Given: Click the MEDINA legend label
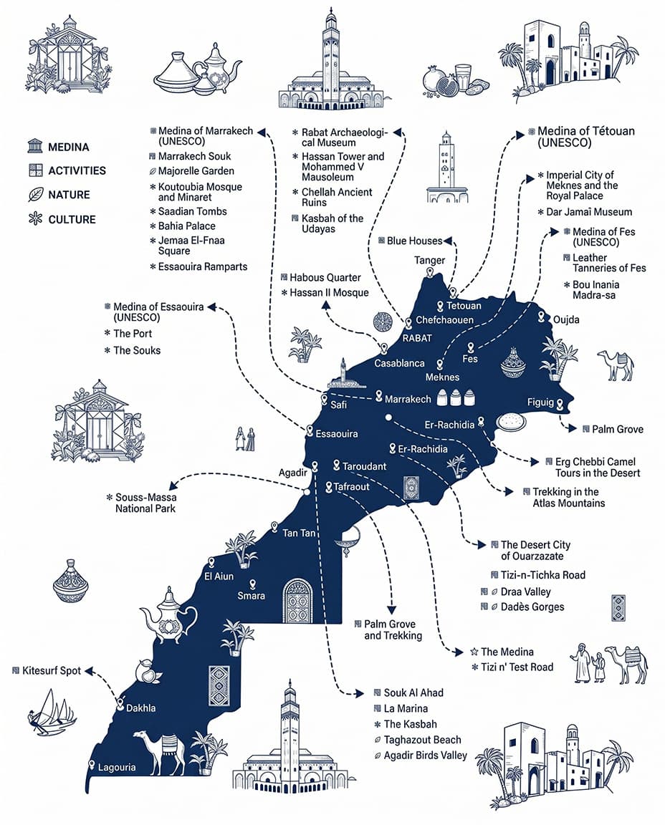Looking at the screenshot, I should pos(68,148).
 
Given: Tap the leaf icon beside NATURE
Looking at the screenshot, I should pos(35,195).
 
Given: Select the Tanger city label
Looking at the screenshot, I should pos(430,261).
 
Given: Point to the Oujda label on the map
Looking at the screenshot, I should pos(566,319).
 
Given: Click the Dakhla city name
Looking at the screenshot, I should pos(140,708).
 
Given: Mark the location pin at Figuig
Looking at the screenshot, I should pos(559,405).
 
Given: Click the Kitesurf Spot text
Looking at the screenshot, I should pos(52,671).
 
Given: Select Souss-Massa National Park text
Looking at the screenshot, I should pos(145,503).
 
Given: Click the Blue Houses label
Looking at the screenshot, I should pos(415,241).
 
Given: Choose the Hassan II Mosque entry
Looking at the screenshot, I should pos(329,293).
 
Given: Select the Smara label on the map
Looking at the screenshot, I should pos(251,596).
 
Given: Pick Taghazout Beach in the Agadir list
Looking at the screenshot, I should pos(422,740).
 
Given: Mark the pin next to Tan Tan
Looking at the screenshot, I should pos(274,526).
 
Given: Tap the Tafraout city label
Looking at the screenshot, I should pos(351,487).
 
